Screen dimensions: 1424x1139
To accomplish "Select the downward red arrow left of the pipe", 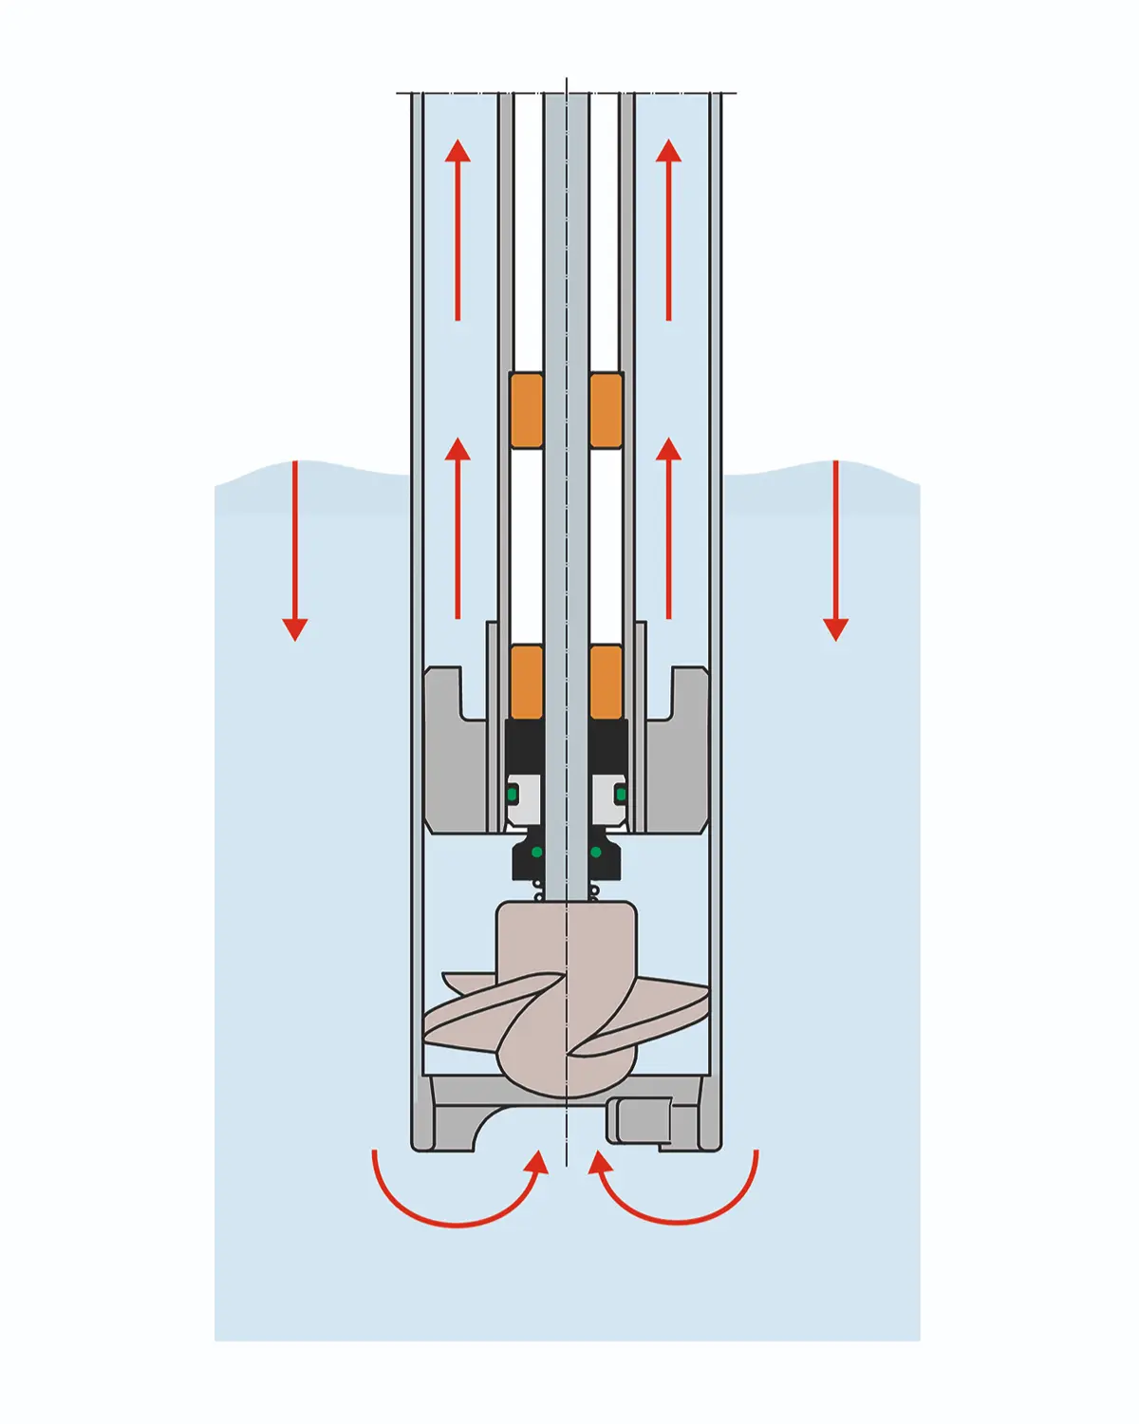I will (x=295, y=551).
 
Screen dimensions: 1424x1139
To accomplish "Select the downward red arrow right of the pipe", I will (x=835, y=551).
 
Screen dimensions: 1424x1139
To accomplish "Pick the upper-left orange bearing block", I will (x=526, y=410).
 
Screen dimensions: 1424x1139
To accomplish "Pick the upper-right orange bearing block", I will (x=607, y=410).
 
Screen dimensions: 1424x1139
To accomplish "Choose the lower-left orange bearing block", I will (x=526, y=682).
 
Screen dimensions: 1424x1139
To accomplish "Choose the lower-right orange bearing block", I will (x=607, y=682).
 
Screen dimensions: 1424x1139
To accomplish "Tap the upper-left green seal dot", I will (x=514, y=793).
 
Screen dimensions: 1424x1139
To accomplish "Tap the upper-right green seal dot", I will (x=621, y=793).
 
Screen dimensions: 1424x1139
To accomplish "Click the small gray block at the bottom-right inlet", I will (x=641, y=1120).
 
